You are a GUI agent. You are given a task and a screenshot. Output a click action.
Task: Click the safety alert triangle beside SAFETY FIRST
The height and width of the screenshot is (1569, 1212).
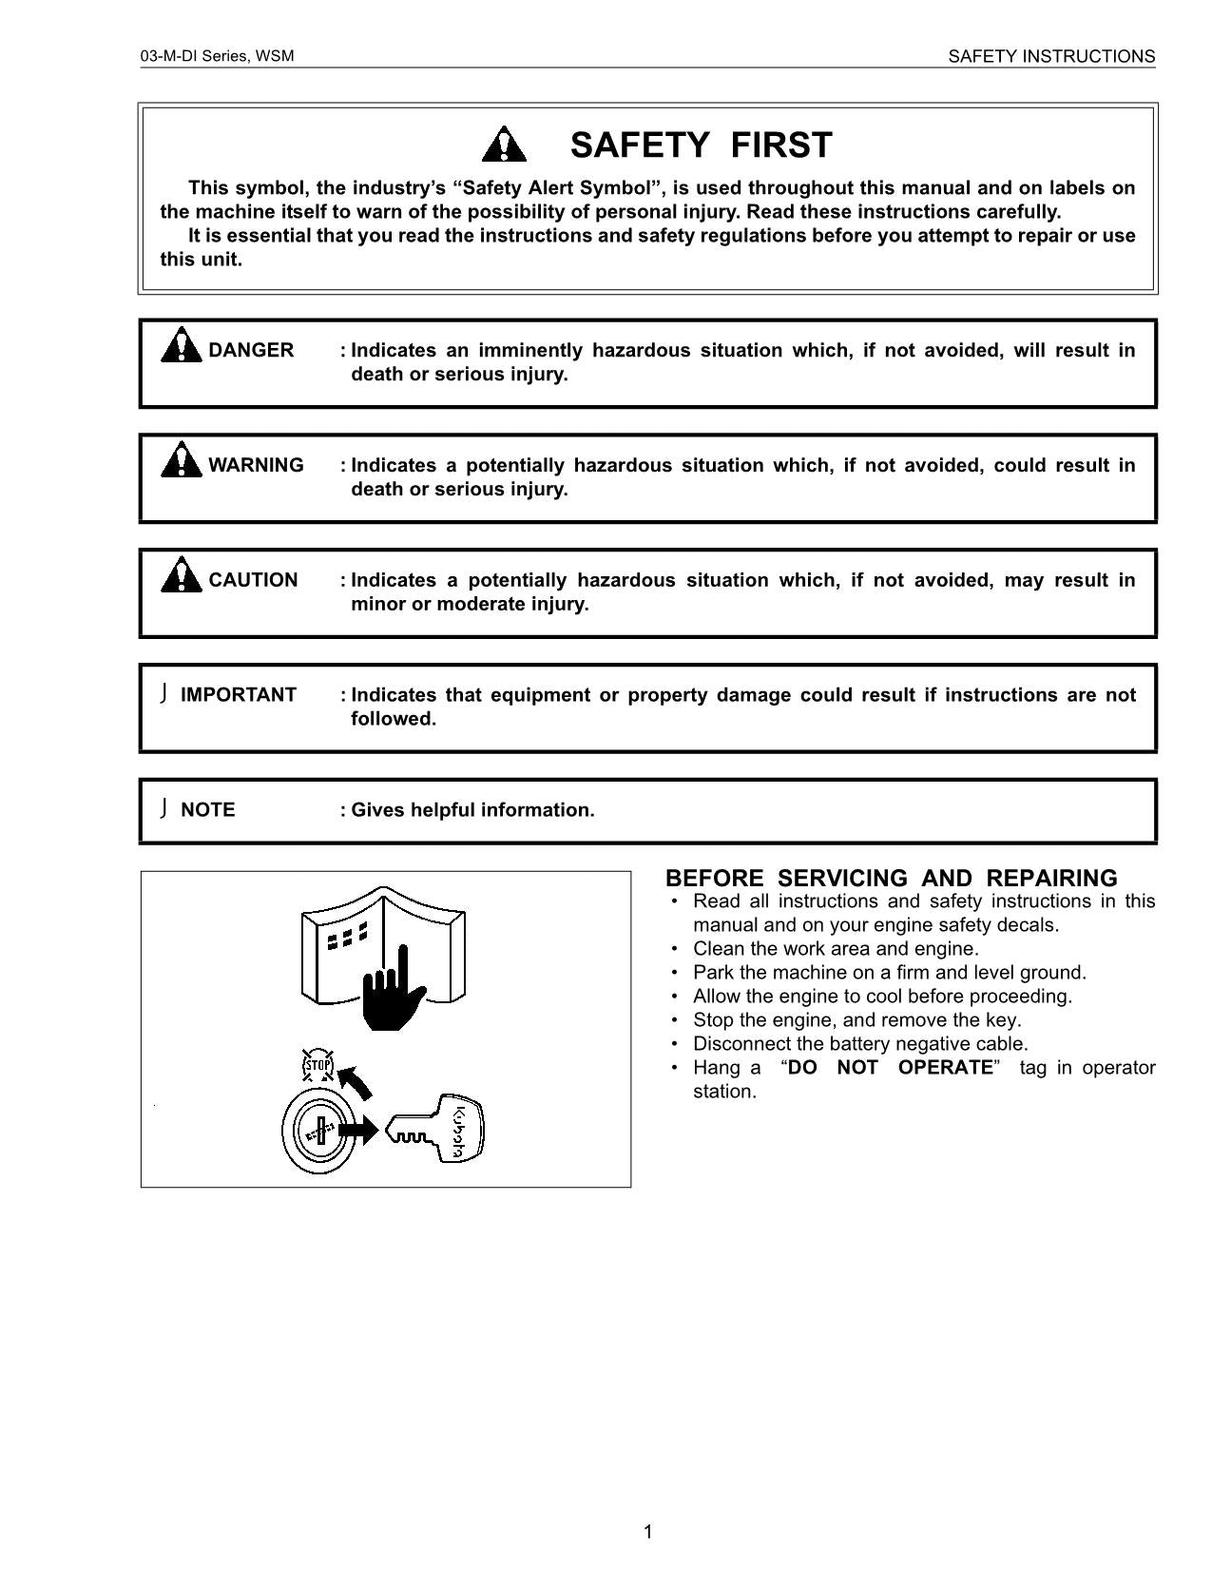[x=504, y=145]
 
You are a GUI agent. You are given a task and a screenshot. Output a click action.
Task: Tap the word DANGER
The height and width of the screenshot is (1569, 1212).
[x=251, y=350]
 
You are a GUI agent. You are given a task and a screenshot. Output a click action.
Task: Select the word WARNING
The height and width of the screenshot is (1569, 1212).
[x=256, y=465]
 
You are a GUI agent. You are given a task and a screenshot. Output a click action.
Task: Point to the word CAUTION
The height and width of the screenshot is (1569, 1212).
[x=253, y=580]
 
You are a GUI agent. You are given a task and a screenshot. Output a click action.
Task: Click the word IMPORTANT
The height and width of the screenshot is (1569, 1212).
[x=238, y=695]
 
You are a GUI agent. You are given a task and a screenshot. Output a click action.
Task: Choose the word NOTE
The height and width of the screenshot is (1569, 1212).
[x=207, y=810]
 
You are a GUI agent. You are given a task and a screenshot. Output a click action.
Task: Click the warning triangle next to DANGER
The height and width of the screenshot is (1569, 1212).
[x=180, y=345]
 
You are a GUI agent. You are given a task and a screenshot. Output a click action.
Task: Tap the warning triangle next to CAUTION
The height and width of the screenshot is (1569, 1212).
[x=180, y=575]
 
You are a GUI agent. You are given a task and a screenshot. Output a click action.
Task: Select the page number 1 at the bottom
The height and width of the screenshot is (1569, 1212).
[x=648, y=1531]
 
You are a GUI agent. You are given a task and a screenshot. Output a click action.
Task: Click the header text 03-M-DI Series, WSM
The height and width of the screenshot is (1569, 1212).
[x=217, y=56]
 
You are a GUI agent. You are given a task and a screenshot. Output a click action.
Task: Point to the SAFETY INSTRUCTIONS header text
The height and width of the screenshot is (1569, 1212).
[x=1051, y=56]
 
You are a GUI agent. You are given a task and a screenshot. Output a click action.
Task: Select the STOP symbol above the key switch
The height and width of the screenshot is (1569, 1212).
[x=317, y=1066]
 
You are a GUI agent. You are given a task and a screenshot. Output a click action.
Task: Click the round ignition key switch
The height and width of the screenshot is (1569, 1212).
[x=319, y=1132]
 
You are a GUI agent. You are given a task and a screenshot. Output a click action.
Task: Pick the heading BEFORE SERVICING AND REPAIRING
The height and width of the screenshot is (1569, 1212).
[x=891, y=878]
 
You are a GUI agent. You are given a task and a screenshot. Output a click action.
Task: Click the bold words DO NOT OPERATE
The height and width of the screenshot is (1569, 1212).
[x=890, y=1067]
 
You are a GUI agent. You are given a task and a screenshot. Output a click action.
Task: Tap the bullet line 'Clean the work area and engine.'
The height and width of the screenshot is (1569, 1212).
[x=835, y=948]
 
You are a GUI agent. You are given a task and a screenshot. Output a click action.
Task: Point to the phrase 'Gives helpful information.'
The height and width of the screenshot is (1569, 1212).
[x=472, y=810]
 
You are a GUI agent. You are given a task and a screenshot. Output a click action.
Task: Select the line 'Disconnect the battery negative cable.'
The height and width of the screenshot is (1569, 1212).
[x=859, y=1043]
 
